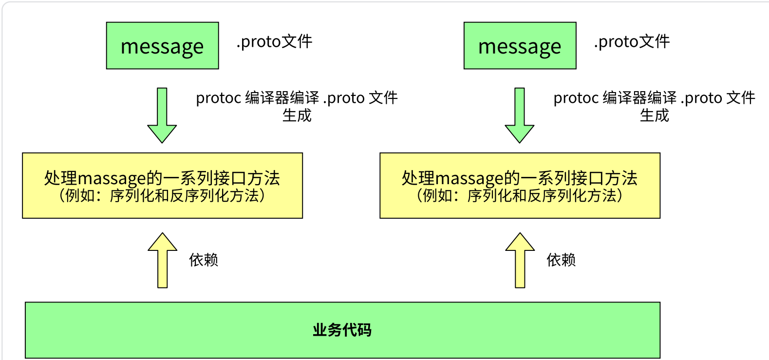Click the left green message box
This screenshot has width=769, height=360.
[x=162, y=46]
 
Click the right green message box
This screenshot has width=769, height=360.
[x=520, y=46]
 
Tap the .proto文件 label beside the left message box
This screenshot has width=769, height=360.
[x=274, y=42]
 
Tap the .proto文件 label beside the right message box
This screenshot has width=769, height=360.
[x=632, y=42]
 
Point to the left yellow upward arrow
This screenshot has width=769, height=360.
[x=162, y=260]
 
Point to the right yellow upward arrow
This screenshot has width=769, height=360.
[x=520, y=260]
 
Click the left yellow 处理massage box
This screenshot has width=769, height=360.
[x=162, y=186]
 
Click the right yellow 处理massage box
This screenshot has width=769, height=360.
[x=520, y=186]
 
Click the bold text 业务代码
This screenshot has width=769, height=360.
[x=342, y=330]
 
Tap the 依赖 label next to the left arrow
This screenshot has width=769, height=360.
[x=204, y=260]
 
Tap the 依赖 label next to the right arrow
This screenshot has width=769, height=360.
[x=561, y=260]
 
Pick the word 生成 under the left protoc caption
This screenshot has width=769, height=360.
[x=297, y=115]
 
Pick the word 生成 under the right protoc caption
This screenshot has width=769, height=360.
[x=654, y=115]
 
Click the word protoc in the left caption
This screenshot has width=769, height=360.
[x=219, y=98]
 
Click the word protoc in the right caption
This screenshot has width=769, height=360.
[x=576, y=98]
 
